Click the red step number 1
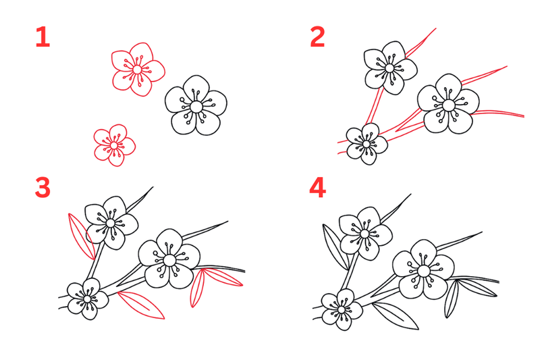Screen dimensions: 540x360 (43, 37)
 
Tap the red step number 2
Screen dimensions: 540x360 (317, 37)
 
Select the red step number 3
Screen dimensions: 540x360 (43, 188)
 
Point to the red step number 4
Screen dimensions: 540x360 (317, 188)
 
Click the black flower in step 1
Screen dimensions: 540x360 (196, 105)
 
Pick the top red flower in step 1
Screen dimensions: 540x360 (138, 70)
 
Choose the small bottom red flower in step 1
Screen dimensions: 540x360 (114, 145)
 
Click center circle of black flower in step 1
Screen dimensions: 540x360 (196, 107)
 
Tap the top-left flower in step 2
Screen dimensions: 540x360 (390, 68)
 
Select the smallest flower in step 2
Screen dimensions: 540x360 (367, 144)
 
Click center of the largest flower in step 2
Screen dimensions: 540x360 (448, 105)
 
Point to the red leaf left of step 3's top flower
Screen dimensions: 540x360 (81, 236)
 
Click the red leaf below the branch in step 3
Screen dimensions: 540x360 (141, 305)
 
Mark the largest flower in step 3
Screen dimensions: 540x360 (169, 259)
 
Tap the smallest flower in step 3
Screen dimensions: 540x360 (88, 299)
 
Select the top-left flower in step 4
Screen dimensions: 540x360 (365, 234)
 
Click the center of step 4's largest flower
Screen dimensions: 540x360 (424, 270)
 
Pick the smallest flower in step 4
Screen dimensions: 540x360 (342, 310)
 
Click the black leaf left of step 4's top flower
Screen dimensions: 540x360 (335, 247)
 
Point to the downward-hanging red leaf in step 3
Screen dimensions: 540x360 (198, 288)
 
